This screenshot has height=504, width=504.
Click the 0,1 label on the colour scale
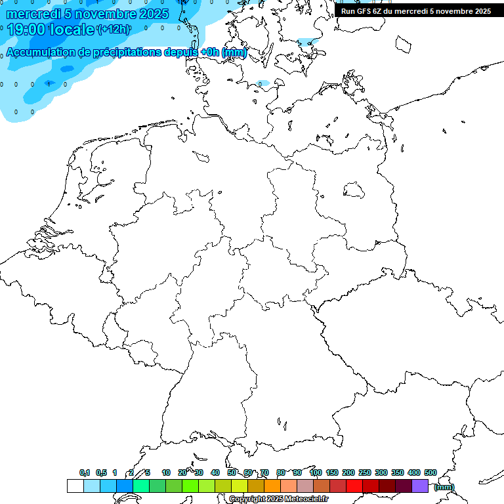(x=85, y=472)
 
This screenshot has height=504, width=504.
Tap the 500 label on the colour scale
(x=430, y=472)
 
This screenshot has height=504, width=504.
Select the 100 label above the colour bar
(x=315, y=472)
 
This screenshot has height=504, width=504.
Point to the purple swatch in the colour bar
(x=420, y=486)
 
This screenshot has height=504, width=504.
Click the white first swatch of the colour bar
(x=75, y=486)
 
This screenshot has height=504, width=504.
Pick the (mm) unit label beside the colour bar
(x=444, y=487)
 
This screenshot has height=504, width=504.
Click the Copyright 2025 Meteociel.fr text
(x=278, y=499)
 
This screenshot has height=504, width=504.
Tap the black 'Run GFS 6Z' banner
(x=416, y=11)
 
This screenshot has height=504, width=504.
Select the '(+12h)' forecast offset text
(x=114, y=29)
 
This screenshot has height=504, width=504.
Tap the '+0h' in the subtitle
(x=210, y=52)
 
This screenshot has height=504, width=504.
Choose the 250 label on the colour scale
(x=365, y=472)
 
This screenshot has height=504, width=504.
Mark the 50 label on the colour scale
(x=232, y=472)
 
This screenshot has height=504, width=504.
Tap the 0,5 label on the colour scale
(x=101, y=472)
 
